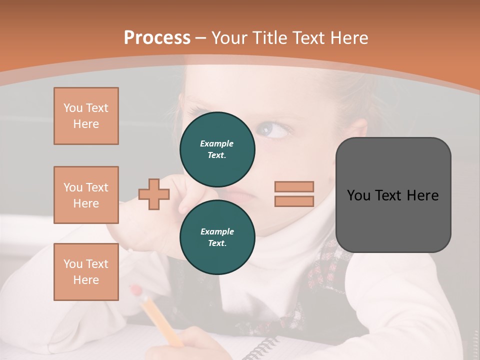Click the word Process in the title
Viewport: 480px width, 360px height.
click(157, 38)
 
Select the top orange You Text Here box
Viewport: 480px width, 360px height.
click(86, 116)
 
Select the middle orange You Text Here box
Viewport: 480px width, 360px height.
click(86, 195)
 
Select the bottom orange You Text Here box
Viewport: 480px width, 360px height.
click(86, 272)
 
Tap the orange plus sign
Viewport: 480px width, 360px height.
click(154, 193)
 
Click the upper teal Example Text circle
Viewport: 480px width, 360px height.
click(217, 149)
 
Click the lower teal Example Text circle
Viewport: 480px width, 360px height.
click(217, 237)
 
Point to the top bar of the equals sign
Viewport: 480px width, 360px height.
click(294, 186)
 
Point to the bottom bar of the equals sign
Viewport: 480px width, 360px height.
click(294, 201)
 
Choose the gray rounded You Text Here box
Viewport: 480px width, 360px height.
click(393, 195)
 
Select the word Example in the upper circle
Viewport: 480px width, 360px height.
click(216, 143)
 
